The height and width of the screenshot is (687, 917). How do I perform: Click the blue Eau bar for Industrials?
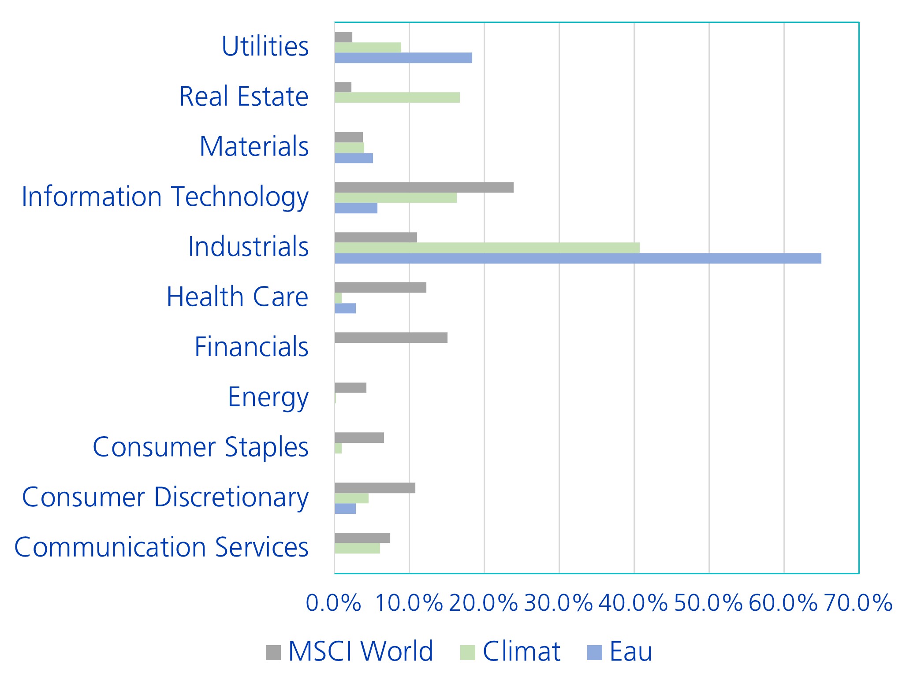pyautogui.click(x=578, y=258)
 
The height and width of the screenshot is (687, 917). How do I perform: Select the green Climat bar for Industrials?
pyautogui.click(x=487, y=248)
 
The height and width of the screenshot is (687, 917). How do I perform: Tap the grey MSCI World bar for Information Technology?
pyautogui.click(x=424, y=187)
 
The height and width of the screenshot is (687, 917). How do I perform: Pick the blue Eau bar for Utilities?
pyautogui.click(x=403, y=58)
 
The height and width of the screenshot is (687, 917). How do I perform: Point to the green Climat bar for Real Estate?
pyautogui.click(x=397, y=97)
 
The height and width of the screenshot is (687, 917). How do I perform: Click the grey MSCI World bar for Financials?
pyautogui.click(x=391, y=338)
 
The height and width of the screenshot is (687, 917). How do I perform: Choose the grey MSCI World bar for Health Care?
pyautogui.click(x=380, y=287)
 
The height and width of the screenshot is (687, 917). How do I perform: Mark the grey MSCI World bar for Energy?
pyautogui.click(x=350, y=388)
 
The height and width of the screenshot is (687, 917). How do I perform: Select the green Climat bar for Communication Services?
pyautogui.click(x=357, y=548)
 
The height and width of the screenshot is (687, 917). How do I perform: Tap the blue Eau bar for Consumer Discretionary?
pyautogui.click(x=345, y=509)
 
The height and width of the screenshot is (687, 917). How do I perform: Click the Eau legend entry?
pyautogui.click(x=620, y=651)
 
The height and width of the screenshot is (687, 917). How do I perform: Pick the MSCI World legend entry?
pyautogui.click(x=350, y=651)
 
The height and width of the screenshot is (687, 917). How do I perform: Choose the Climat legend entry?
pyautogui.click(x=511, y=651)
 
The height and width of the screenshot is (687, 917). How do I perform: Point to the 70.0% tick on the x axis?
pyautogui.click(x=858, y=603)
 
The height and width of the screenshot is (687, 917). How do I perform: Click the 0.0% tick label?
pyautogui.click(x=334, y=603)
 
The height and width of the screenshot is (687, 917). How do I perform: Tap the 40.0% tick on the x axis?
pyautogui.click(x=634, y=603)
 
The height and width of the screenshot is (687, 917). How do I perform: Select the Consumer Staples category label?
pyautogui.click(x=200, y=447)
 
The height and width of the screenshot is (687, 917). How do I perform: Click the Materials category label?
pyautogui.click(x=254, y=146)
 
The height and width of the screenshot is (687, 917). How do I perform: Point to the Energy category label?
pyautogui.click(x=268, y=397)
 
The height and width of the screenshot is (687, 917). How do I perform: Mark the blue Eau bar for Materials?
pyautogui.click(x=354, y=158)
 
